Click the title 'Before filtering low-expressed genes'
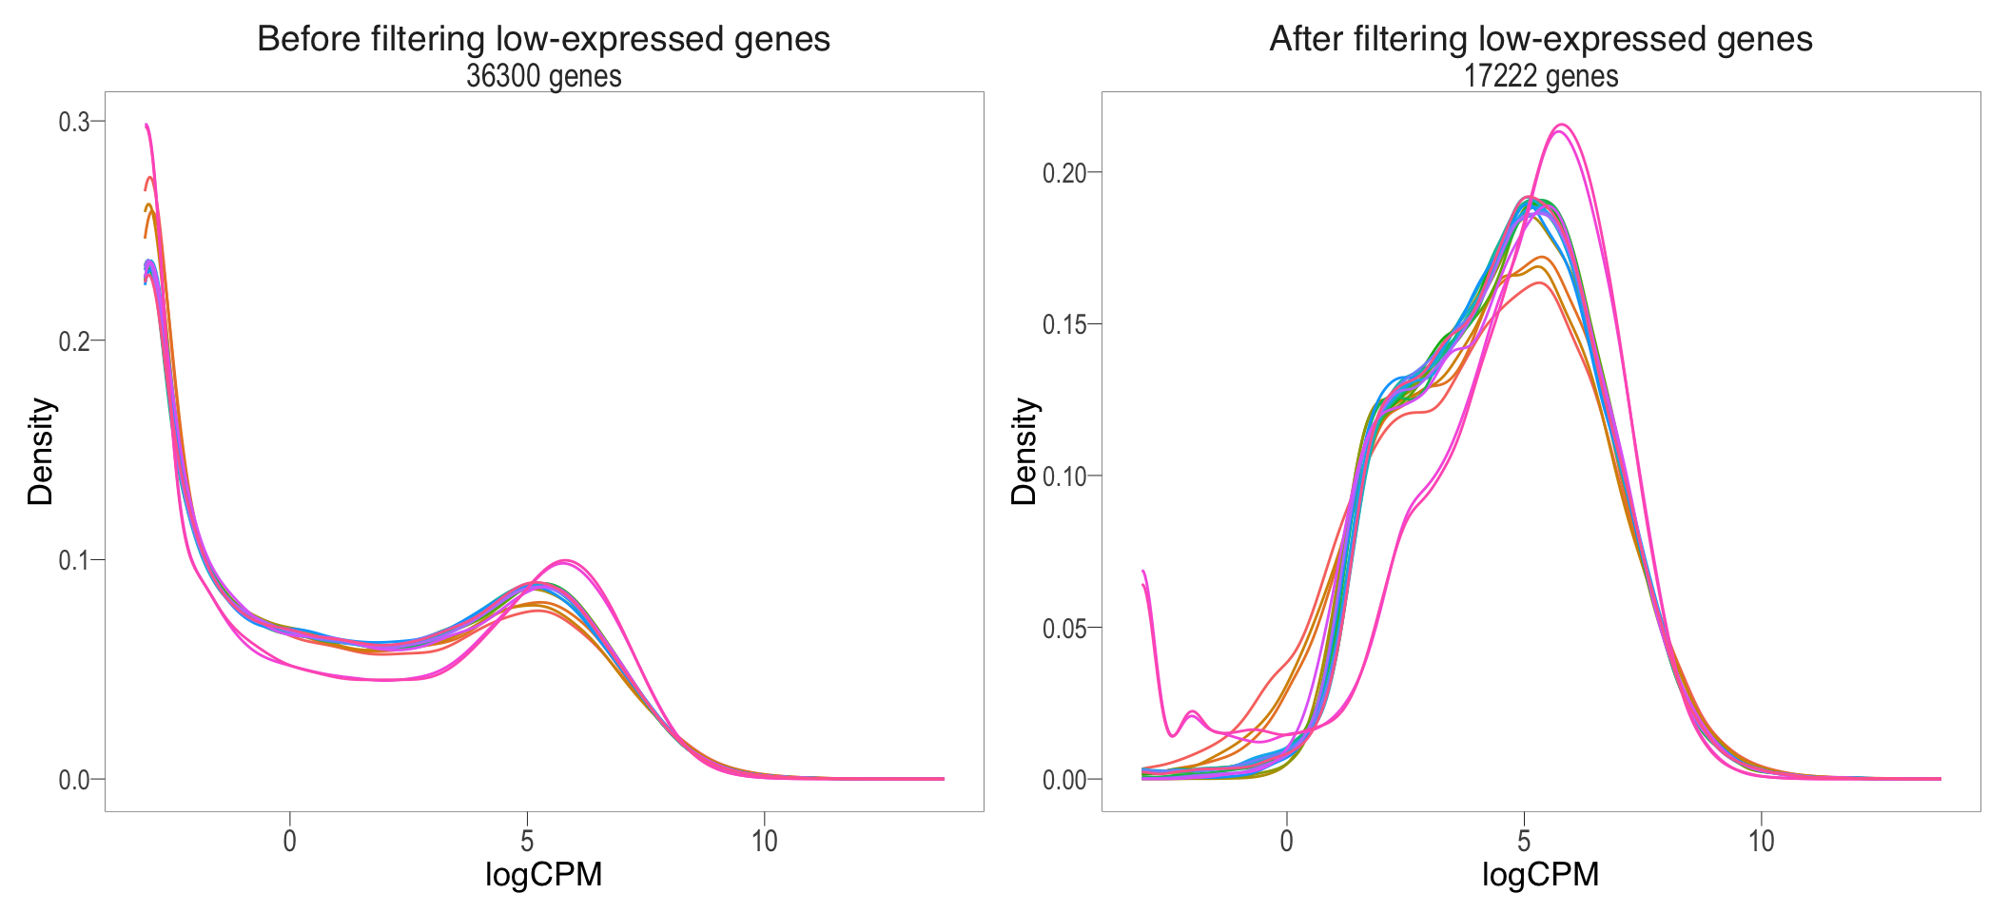point(543,39)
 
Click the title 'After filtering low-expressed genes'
point(1541,39)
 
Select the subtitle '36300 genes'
point(543,76)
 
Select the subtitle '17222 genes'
point(1541,76)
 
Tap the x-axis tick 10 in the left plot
point(764,841)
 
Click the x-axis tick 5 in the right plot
point(1524,841)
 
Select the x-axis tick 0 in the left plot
point(290,841)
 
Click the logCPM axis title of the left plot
point(543,874)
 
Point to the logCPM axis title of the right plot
point(1541,874)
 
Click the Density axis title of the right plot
point(1024,452)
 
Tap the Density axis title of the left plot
point(41,452)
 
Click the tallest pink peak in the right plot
point(1561,126)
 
